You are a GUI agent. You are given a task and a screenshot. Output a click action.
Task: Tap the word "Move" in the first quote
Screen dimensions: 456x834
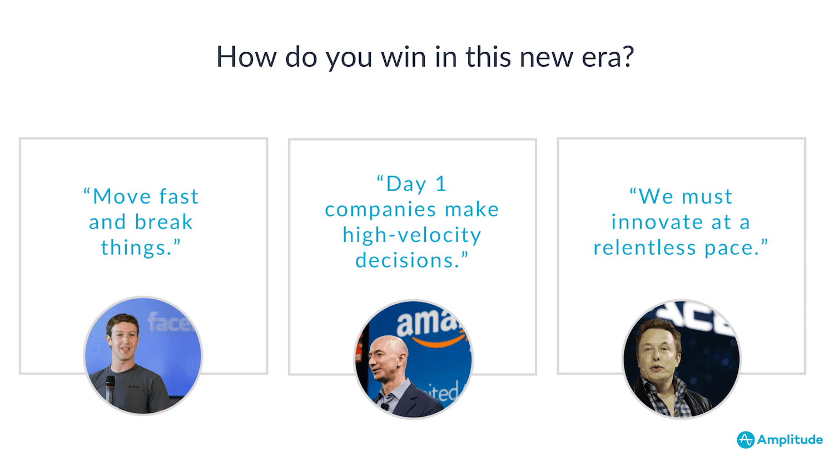(x=121, y=196)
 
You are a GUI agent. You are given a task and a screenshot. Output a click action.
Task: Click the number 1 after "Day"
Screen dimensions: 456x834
(x=441, y=184)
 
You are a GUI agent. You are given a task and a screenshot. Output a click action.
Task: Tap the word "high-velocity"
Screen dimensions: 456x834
(x=412, y=235)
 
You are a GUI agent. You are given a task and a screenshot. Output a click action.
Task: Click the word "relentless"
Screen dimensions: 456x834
(x=644, y=247)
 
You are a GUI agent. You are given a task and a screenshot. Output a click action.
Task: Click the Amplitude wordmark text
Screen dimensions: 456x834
(x=790, y=440)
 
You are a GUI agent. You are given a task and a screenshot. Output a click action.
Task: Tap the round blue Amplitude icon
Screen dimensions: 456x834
(x=746, y=440)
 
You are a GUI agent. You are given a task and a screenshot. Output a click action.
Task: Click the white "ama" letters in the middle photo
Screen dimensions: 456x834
(x=425, y=323)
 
